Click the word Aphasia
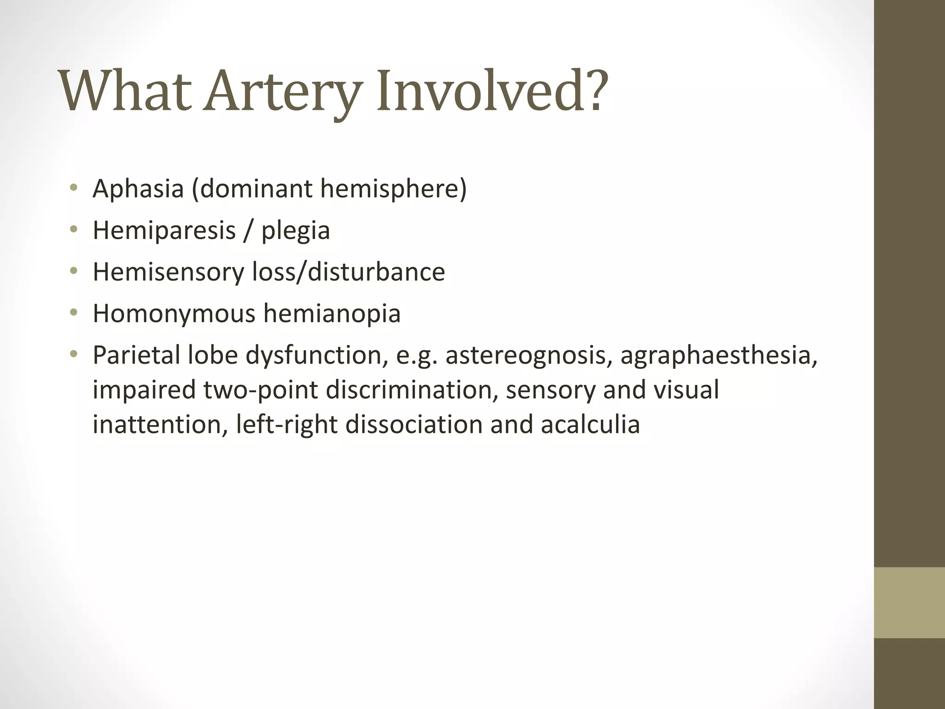click(x=138, y=189)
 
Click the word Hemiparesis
click(x=164, y=230)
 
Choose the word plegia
click(x=296, y=231)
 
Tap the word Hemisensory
click(x=168, y=272)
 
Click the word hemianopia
click(x=332, y=313)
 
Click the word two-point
click(x=261, y=390)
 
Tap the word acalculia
click(x=590, y=424)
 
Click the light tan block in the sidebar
click(x=909, y=602)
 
